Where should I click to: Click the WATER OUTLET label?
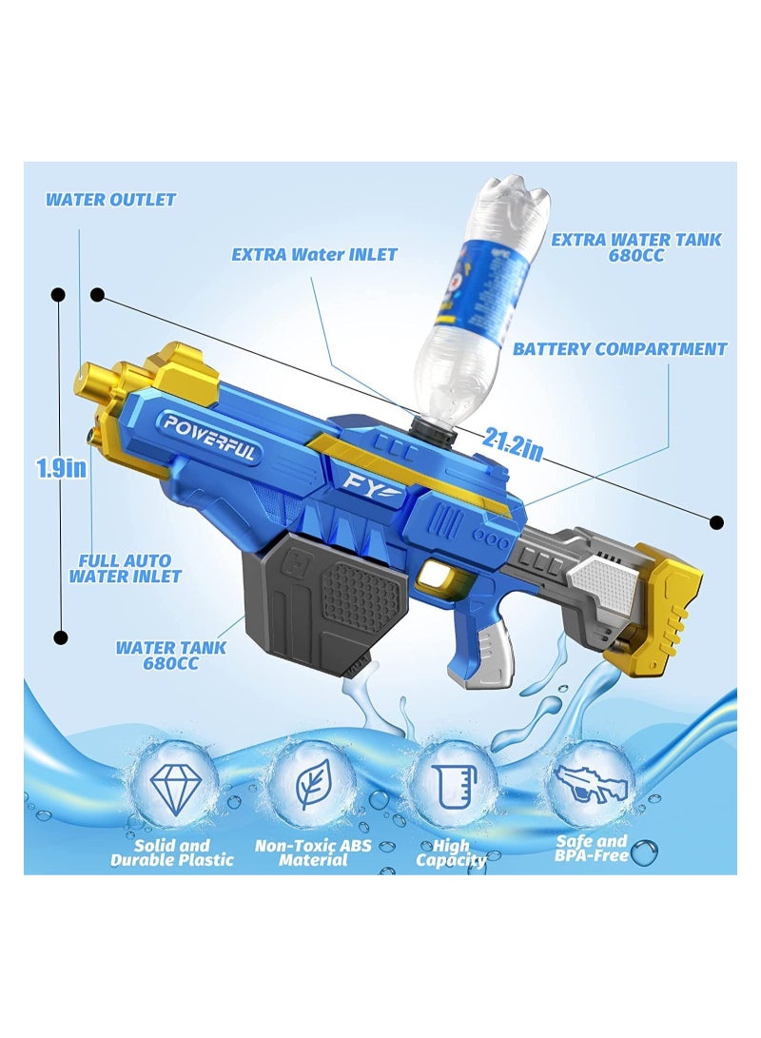(x=111, y=200)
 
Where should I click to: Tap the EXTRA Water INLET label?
(x=315, y=254)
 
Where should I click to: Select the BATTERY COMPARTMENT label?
(x=620, y=349)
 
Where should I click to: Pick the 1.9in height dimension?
(x=62, y=467)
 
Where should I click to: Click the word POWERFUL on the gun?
(x=209, y=437)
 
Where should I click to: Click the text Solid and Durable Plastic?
(x=171, y=852)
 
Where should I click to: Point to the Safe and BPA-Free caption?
(x=591, y=848)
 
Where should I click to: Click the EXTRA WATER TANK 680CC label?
(x=636, y=248)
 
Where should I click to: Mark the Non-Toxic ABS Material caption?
(x=313, y=852)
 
